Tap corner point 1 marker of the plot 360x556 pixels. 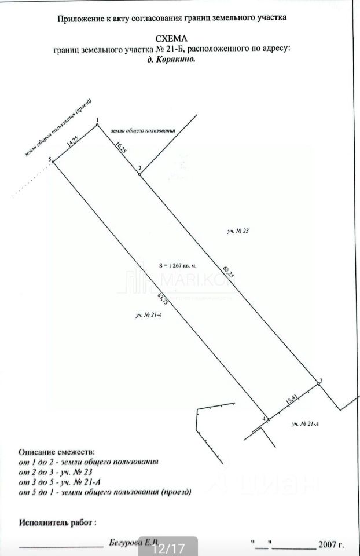[x=97, y=125]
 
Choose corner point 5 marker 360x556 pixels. [x=53, y=162]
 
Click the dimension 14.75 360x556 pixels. [x=72, y=142]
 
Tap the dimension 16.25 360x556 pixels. [x=120, y=146]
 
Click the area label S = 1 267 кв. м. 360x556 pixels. [x=178, y=265]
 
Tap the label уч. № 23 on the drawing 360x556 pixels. [x=238, y=231]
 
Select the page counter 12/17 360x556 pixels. [x=168, y=547]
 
